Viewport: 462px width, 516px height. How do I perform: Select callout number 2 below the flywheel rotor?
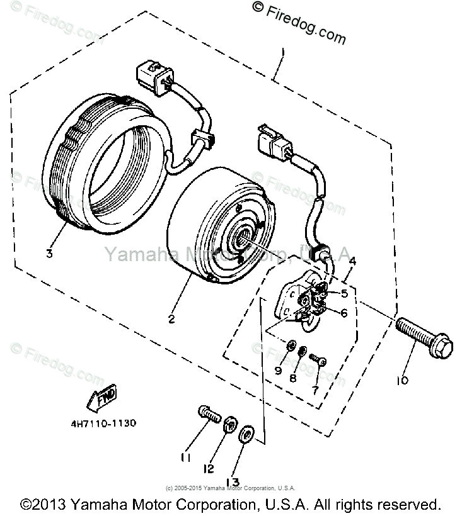(x=171, y=319)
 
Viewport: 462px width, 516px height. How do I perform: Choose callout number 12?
(x=209, y=469)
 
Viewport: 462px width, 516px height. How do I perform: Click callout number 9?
(x=278, y=371)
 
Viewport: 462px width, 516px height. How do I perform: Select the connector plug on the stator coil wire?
(x=152, y=77)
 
